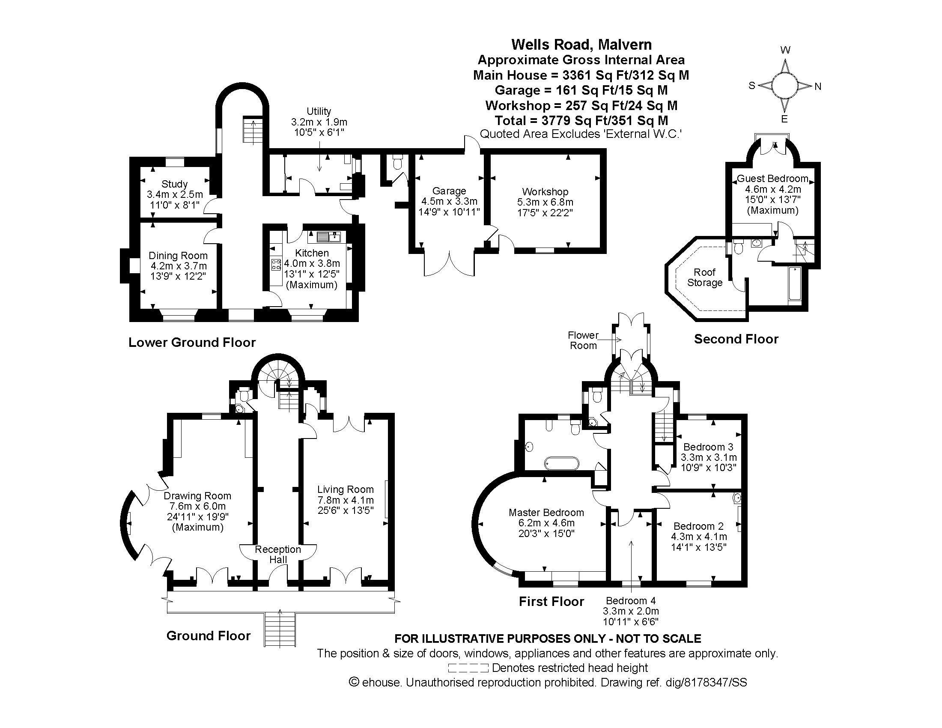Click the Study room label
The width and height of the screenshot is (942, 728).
(x=174, y=184)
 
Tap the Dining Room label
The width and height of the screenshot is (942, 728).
(x=178, y=256)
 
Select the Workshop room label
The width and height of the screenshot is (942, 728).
(x=545, y=191)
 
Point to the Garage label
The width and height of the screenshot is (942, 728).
(x=449, y=191)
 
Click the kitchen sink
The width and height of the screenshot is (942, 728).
(x=329, y=236)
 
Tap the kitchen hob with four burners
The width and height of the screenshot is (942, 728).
(x=276, y=264)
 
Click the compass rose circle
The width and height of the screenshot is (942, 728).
(x=784, y=85)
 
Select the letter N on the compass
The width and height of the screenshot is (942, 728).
(x=818, y=87)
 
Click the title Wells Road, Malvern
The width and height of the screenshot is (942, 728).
(x=581, y=45)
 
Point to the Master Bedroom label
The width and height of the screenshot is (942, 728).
(x=546, y=512)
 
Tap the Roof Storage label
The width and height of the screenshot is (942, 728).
(x=704, y=277)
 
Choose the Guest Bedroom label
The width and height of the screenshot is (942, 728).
(x=772, y=179)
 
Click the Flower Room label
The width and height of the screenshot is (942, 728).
(x=583, y=340)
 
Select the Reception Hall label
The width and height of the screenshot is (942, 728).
(x=278, y=554)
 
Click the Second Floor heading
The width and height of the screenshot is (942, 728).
(x=736, y=339)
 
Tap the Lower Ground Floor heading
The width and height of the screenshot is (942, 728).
(x=192, y=343)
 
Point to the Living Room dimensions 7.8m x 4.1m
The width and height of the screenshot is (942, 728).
(x=345, y=500)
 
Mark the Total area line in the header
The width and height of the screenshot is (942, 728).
(x=581, y=120)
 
